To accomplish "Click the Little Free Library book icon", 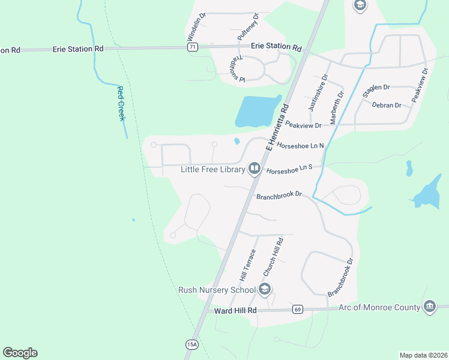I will (254, 169).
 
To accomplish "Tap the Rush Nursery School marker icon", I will (265, 290).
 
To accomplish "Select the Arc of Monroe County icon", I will (429, 307).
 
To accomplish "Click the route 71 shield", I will (192, 47).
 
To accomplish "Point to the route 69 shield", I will (297, 310).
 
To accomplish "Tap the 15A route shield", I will (191, 344).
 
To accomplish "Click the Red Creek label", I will (121, 103).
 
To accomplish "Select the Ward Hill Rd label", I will (235, 310).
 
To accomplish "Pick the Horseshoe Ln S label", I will (290, 170).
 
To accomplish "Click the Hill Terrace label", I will (247, 266).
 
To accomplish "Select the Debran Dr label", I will (387, 105).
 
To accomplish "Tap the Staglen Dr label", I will (376, 91).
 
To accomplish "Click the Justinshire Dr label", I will (317, 93).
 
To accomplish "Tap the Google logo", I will (20, 353).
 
